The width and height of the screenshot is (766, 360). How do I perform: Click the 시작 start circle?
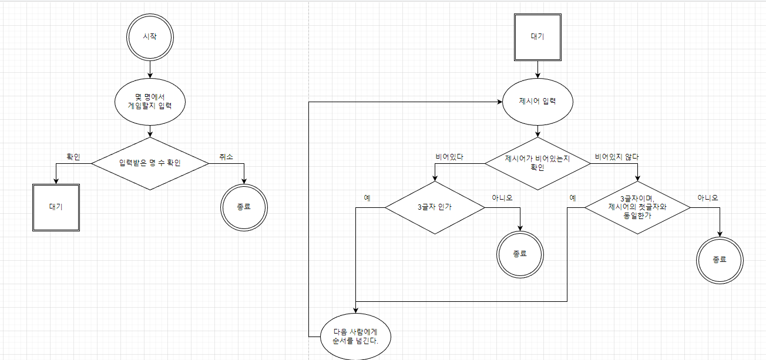(x=150, y=36)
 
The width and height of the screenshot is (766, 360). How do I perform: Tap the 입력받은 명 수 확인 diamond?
(x=150, y=163)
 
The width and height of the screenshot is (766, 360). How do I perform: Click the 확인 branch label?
(x=73, y=157)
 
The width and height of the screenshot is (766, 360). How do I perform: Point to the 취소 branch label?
(x=226, y=157)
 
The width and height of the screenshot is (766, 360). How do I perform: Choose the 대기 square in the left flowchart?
(x=56, y=207)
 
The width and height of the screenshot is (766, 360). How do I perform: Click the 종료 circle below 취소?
(x=244, y=207)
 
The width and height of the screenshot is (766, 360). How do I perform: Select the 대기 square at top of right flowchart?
(x=537, y=36)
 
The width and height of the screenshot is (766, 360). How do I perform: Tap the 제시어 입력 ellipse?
(x=537, y=101)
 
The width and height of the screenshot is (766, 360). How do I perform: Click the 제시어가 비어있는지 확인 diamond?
(x=537, y=163)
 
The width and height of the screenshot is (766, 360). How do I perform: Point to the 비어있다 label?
(x=449, y=157)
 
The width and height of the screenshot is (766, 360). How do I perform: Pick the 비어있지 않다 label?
(x=617, y=157)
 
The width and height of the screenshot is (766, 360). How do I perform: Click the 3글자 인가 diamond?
(x=435, y=207)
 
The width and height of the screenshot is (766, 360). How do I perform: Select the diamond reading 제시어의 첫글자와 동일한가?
(x=637, y=207)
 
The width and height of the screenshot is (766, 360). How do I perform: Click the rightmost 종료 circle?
(x=720, y=259)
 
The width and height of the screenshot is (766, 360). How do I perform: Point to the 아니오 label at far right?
(x=707, y=198)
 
